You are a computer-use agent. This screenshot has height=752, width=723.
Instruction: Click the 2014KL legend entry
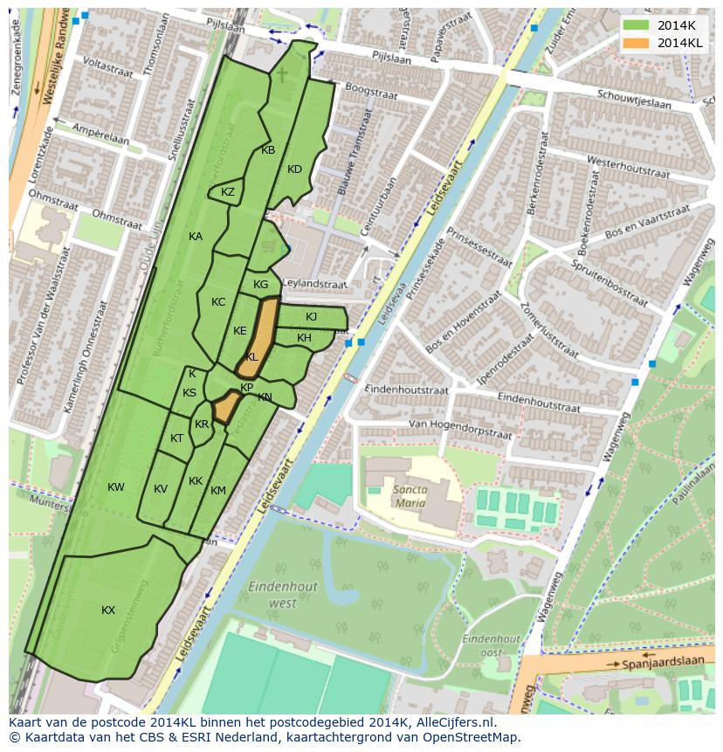point(666,43)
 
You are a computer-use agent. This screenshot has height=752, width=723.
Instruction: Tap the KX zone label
point(108,611)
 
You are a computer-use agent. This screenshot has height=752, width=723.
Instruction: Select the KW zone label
point(116,486)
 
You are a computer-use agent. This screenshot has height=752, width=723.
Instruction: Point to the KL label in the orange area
point(251,357)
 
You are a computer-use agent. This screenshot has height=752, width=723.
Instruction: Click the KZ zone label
point(228,192)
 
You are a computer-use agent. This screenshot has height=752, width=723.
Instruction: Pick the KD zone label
point(294,169)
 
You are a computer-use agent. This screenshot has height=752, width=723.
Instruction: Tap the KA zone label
point(196,237)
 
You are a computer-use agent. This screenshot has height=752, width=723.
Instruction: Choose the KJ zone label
point(311,317)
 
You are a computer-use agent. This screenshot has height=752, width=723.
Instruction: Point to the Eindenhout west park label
point(272,594)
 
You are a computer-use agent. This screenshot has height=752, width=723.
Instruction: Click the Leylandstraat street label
point(314,284)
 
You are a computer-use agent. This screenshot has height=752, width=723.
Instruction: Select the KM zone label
point(218,491)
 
